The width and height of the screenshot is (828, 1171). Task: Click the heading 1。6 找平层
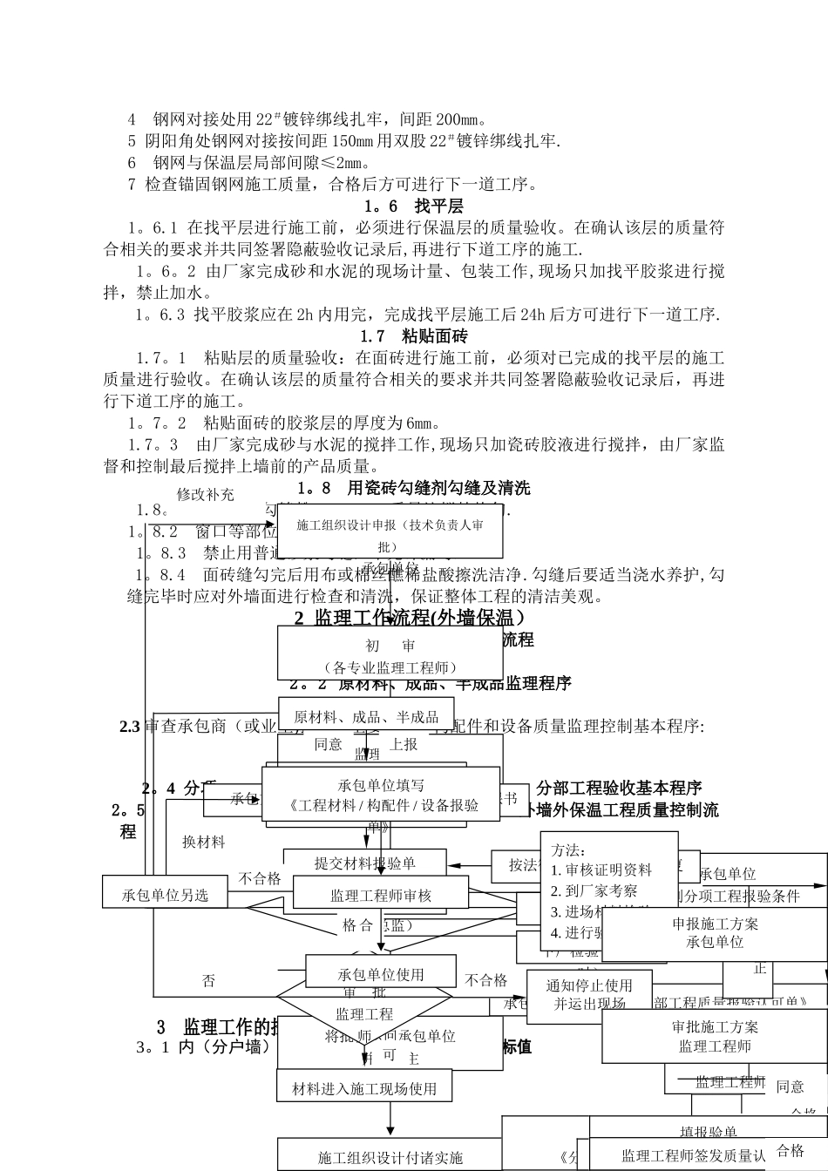coord(413,206)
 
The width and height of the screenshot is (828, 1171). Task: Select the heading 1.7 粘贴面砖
coord(413,335)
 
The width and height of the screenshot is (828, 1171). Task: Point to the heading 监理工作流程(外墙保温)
coord(409,618)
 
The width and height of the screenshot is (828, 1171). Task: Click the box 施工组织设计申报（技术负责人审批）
coord(390,532)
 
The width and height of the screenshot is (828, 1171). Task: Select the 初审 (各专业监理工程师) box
coord(390,655)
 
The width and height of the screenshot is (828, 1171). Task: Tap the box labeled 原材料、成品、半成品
coord(366,717)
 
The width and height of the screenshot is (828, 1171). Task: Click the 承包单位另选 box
coord(166,895)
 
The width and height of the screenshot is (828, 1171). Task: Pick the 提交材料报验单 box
coord(365,863)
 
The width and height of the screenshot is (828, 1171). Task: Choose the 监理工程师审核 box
coord(381,895)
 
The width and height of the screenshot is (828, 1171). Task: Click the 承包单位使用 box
coord(380,974)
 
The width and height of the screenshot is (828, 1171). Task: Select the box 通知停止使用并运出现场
coord(589,994)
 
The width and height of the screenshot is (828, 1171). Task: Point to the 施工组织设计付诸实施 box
coord(390,1157)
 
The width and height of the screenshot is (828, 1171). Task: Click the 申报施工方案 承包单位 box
coord(715,932)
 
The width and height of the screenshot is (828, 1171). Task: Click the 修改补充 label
coord(206,494)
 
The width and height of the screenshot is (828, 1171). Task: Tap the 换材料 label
coord(204,843)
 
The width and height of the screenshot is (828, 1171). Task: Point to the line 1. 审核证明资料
coord(601,870)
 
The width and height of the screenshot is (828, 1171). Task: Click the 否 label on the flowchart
coord(208,981)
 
